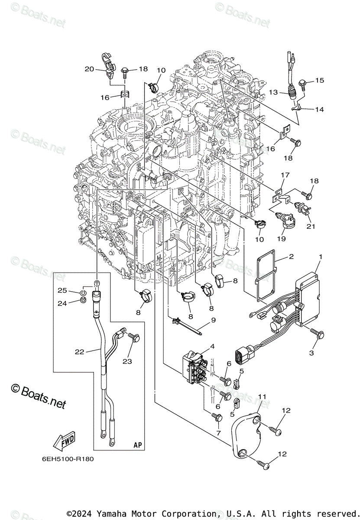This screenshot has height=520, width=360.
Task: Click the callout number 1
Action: (320, 257)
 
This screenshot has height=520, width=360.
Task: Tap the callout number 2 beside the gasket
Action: (291, 257)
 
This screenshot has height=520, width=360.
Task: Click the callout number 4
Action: (212, 346)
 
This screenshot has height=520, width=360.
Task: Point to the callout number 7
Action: (218, 432)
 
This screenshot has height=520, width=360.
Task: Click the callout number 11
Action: (262, 396)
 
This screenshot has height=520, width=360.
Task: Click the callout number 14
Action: (319, 110)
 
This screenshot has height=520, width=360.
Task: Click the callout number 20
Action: (89, 69)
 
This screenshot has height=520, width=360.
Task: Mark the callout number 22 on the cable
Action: (79, 352)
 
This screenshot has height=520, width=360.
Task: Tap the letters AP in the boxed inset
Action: (138, 445)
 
